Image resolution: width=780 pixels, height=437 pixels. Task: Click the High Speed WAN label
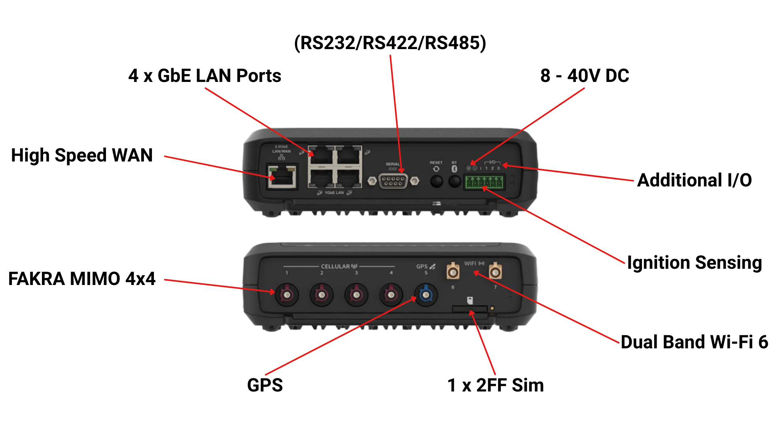point(82,155)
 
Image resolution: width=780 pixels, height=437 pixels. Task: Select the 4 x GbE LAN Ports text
point(204,76)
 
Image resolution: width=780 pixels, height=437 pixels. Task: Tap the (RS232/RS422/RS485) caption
point(390,43)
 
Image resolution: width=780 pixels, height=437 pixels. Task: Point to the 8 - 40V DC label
point(585,76)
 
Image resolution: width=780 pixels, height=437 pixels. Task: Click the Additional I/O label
point(694,180)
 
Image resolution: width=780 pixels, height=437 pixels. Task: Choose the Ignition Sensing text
point(694,263)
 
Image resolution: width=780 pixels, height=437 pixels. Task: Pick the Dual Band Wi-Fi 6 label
point(694,342)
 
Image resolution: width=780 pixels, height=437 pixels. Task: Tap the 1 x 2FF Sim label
point(495,385)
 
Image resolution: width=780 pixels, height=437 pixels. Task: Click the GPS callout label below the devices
point(265,385)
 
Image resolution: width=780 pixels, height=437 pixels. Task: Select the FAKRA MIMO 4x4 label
point(82,279)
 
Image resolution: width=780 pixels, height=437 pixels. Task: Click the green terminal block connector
point(484,182)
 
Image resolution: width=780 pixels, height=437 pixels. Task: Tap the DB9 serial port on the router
point(393,181)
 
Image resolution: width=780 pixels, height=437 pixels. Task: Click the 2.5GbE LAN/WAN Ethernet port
point(282,177)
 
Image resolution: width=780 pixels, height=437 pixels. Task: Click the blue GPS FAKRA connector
point(426,295)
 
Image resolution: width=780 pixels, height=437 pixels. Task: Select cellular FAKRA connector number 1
point(287,295)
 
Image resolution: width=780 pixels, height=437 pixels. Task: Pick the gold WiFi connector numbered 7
point(495,272)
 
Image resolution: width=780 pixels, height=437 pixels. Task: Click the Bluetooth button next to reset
point(454,182)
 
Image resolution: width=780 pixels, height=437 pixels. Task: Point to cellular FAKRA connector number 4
point(391,295)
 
